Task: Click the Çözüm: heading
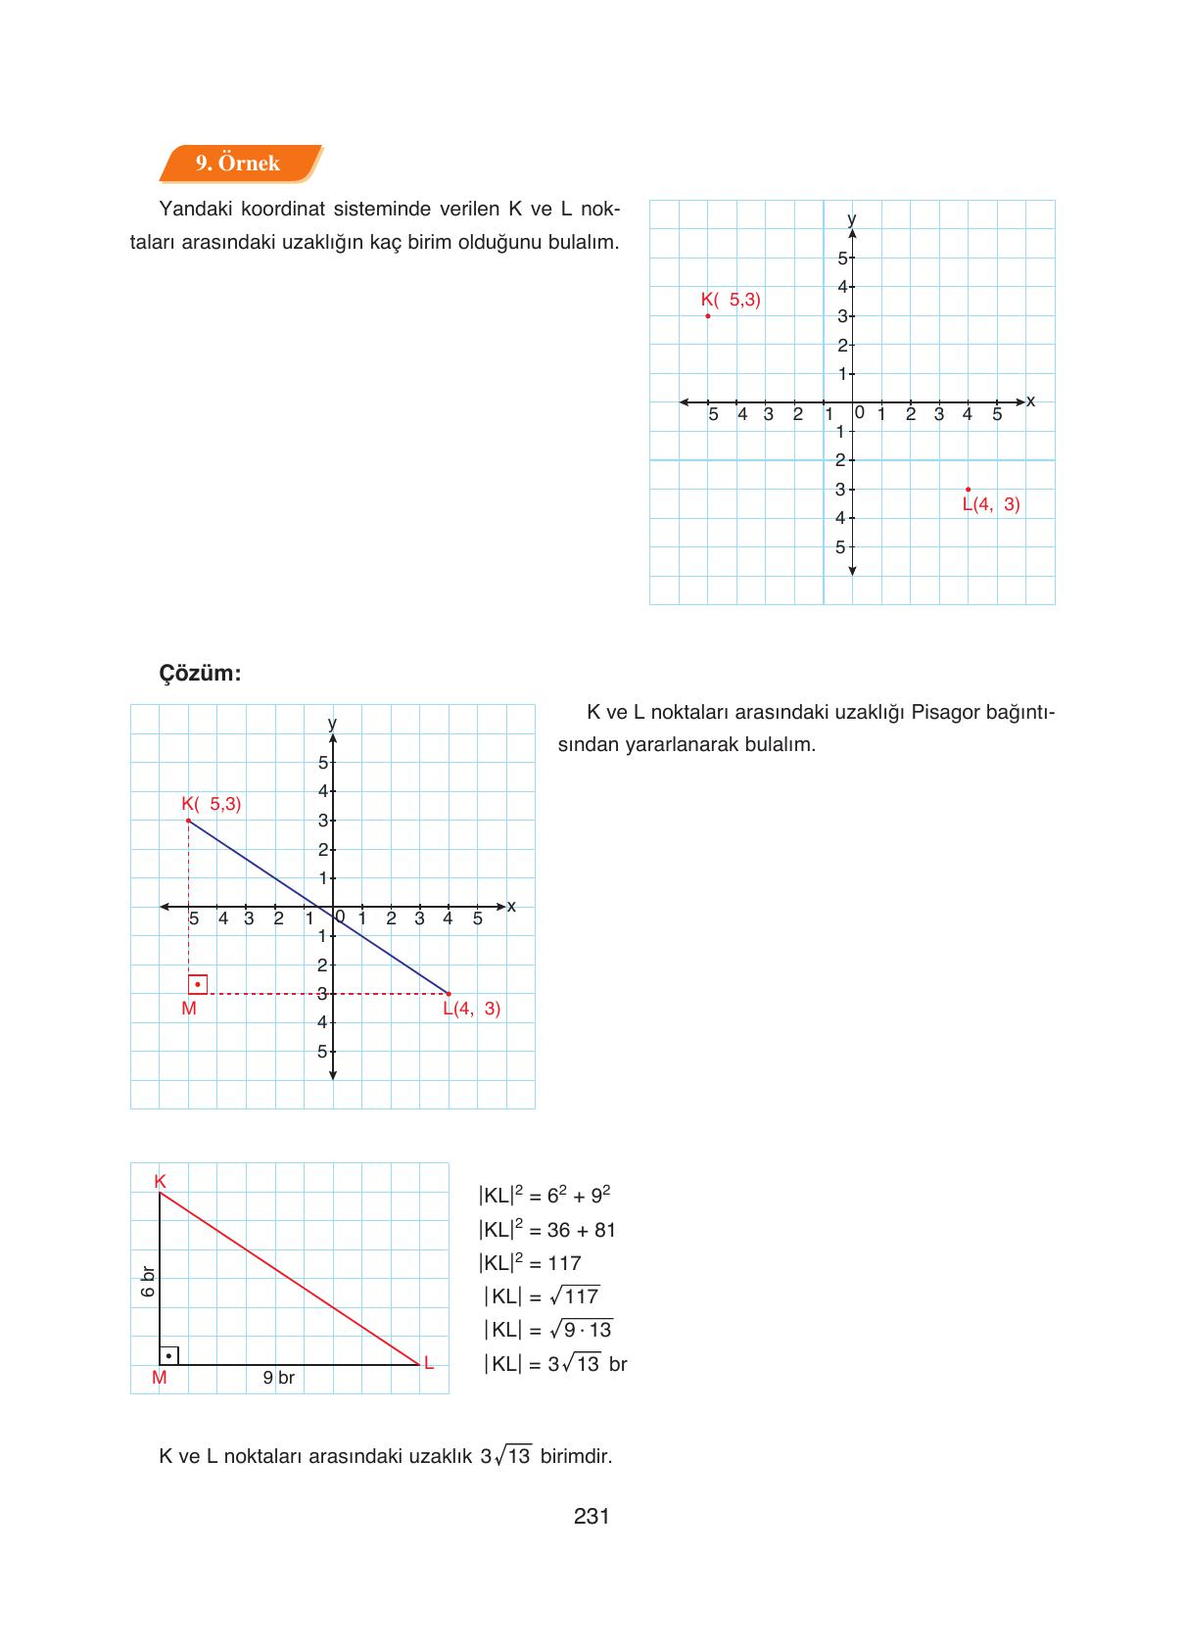(x=200, y=674)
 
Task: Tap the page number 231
(x=592, y=1517)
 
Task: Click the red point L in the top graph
(x=968, y=489)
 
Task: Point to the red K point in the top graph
(x=708, y=315)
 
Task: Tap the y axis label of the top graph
(x=851, y=217)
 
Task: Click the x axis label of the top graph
(x=1030, y=401)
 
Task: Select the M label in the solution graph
(x=189, y=1009)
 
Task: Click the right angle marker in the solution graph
(x=198, y=984)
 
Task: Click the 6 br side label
(x=148, y=1281)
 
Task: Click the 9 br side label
(x=278, y=1378)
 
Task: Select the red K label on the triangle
(x=160, y=1182)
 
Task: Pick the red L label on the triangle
(x=429, y=1362)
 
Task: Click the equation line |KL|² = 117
(x=530, y=1263)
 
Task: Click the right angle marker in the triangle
(x=168, y=1355)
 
